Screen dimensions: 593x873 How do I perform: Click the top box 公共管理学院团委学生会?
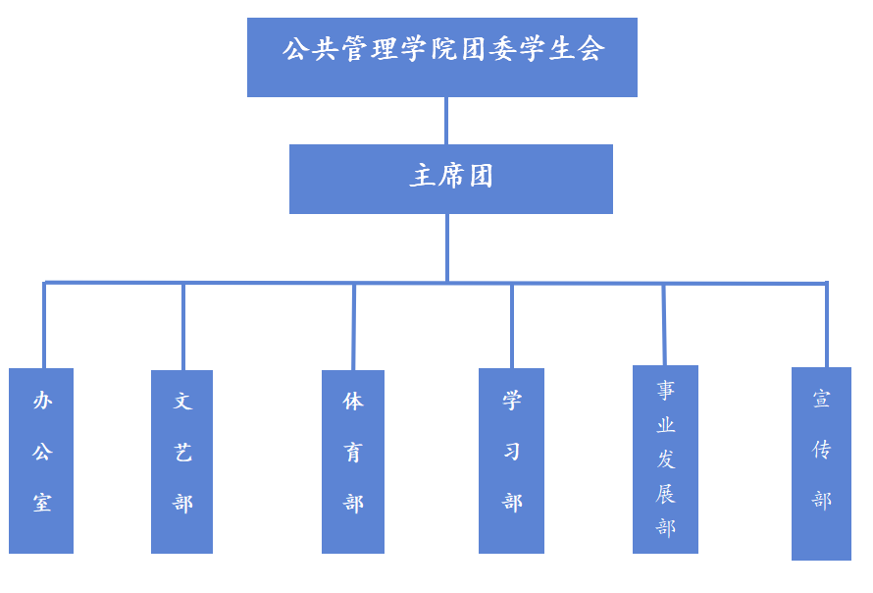click(441, 57)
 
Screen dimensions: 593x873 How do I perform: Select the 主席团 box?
click(450, 179)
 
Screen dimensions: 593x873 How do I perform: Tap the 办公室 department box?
click(41, 460)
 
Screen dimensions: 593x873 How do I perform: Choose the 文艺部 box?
click(182, 461)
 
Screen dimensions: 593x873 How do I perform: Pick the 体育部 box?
click(353, 461)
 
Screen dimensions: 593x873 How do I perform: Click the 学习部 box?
click(511, 460)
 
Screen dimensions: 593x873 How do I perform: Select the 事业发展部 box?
click(665, 458)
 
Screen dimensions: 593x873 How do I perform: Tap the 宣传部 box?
click(821, 463)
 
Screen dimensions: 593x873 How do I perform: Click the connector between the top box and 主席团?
click(446, 121)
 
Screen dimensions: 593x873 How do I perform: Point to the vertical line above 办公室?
click(44, 326)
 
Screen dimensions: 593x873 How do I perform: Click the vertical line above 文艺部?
click(183, 327)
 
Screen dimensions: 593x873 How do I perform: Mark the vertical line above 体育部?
click(353, 327)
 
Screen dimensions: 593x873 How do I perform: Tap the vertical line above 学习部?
click(511, 326)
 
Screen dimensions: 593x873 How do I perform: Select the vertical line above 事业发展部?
click(664, 324)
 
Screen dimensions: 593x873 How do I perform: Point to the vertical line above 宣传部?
click(826, 325)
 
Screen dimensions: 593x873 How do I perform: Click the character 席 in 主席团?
click(450, 177)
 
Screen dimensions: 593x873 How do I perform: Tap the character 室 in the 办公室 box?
click(42, 503)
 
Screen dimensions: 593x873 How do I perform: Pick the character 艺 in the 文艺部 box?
click(183, 452)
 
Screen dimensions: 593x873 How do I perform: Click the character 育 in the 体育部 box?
click(353, 452)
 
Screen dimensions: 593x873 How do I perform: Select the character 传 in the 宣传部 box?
click(822, 450)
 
